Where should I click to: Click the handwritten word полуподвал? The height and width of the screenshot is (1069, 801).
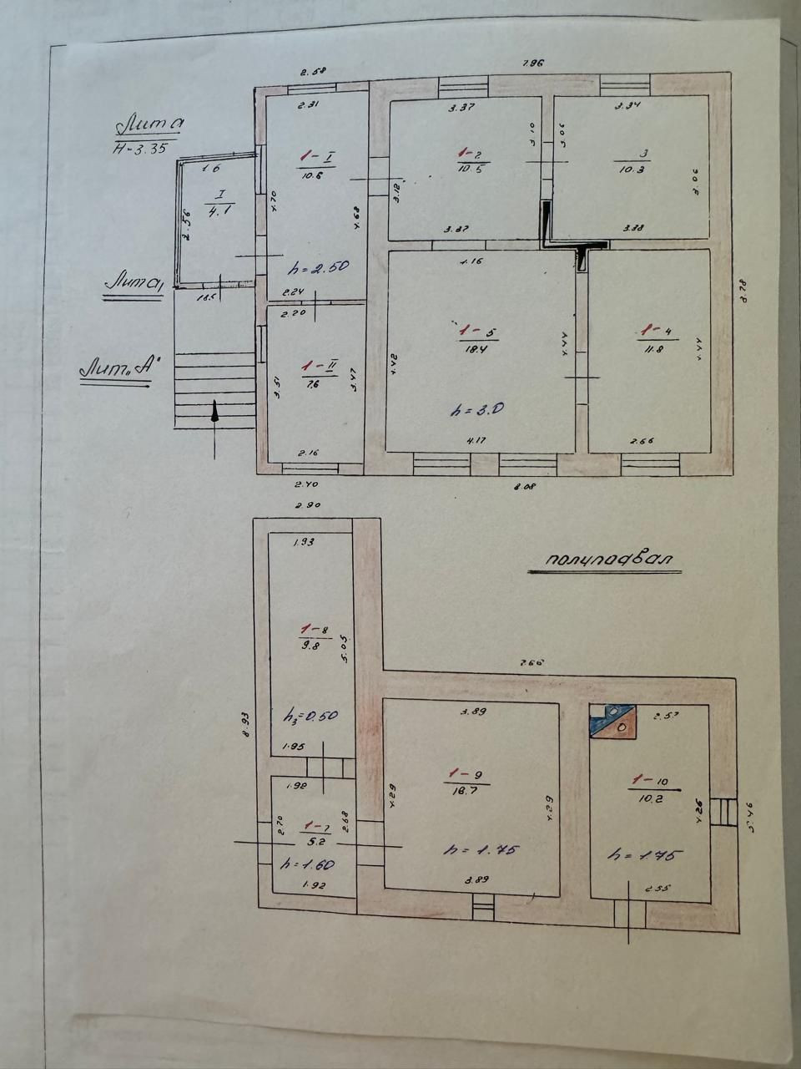(x=604, y=560)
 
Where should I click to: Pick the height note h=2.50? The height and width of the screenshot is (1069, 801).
(x=317, y=267)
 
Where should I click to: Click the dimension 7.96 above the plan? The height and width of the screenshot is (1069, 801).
(x=532, y=63)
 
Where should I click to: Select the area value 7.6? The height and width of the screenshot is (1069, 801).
(x=313, y=384)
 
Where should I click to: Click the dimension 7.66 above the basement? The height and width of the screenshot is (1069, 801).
(x=531, y=662)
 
